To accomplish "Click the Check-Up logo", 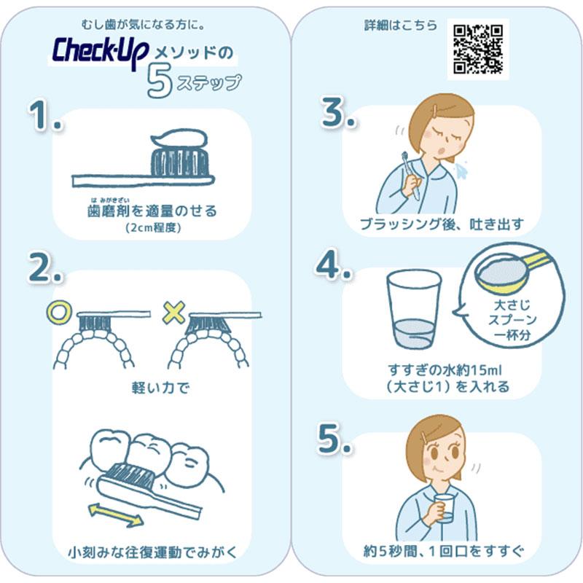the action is pyautogui.click(x=101, y=52).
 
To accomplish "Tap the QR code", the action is pyautogui.click(x=478, y=49).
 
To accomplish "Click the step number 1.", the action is pyautogui.click(x=44, y=114).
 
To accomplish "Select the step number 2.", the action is pyautogui.click(x=45, y=267).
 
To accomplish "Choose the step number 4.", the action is pyautogui.click(x=333, y=265).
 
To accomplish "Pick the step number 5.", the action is pyautogui.click(x=334, y=439).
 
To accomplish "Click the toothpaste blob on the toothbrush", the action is pyautogui.click(x=179, y=138).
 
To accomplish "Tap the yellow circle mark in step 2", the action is pyautogui.click(x=58, y=313).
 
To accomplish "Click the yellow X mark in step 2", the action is pyautogui.click(x=174, y=313).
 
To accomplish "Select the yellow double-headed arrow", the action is pyautogui.click(x=116, y=514).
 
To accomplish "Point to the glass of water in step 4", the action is pyautogui.click(x=413, y=309).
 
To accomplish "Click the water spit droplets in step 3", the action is pyautogui.click(x=461, y=169).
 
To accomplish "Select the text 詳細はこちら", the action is pyautogui.click(x=401, y=26).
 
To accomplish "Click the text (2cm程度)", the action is pyautogui.click(x=153, y=227).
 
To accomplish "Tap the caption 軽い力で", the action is pyautogui.click(x=160, y=388).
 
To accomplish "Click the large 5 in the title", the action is pyautogui.click(x=160, y=81).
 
